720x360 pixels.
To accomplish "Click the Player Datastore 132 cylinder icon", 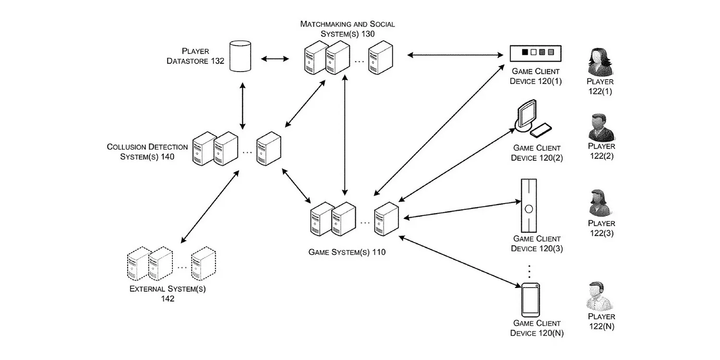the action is click(x=240, y=56).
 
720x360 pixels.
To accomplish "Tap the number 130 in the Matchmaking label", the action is click(x=368, y=34).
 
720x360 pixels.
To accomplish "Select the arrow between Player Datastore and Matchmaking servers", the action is click(x=275, y=59).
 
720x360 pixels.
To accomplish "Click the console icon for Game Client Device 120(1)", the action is click(x=536, y=53).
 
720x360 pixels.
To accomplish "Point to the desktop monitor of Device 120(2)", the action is click(x=526, y=115).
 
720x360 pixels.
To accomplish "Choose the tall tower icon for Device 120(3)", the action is click(x=529, y=206).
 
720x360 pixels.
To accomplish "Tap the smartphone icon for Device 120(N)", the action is click(x=530, y=300).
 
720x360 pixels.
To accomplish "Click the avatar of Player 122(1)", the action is click(x=600, y=62).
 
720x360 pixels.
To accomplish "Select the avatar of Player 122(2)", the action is click(x=601, y=128).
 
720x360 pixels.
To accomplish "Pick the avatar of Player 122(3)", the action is click(x=601, y=203).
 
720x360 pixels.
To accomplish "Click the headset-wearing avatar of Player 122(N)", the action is click(x=600, y=296).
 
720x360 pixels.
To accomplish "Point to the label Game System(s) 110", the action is click(x=347, y=252).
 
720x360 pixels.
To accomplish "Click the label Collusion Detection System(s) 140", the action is click(x=147, y=152).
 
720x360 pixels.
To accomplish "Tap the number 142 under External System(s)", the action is click(x=168, y=299).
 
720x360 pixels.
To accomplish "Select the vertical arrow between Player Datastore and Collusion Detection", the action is click(x=243, y=106).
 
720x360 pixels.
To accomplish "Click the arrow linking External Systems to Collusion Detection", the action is click(x=210, y=207).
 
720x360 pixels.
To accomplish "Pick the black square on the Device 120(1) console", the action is click(x=525, y=52).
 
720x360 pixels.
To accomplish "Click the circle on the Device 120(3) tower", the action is click(x=529, y=209).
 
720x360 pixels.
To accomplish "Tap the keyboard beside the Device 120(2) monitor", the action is click(x=540, y=130).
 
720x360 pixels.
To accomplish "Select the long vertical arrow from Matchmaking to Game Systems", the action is click(x=345, y=135).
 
